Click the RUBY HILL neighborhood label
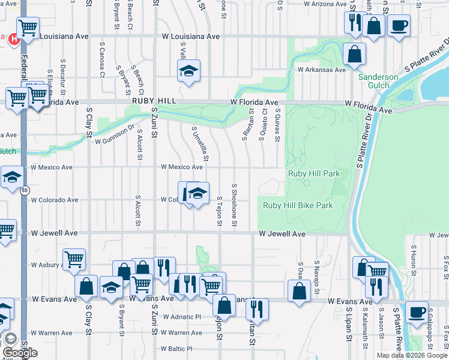click(x=154, y=101)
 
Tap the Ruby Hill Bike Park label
click(x=298, y=205)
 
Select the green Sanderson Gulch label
click(x=378, y=81)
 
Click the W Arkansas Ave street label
click(x=322, y=70)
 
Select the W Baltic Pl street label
click(x=176, y=349)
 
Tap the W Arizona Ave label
click(x=325, y=4)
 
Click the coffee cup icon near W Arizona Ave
click(x=399, y=25)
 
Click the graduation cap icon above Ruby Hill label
click(x=188, y=71)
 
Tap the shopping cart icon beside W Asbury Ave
click(x=74, y=259)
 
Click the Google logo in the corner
click(x=20, y=352)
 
